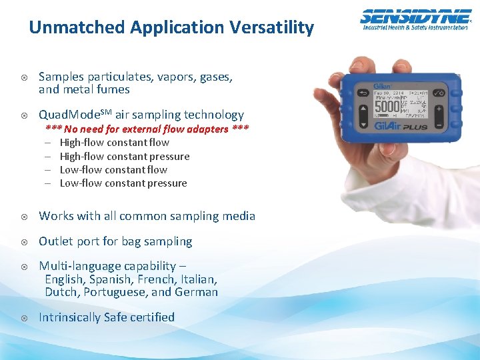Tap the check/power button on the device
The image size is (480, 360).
440,92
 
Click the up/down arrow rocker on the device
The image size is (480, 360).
363,115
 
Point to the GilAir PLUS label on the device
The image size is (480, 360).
401,126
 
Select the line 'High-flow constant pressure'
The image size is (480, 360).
125,156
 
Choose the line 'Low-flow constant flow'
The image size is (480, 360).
113,169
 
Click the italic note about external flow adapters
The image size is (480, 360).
147,129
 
